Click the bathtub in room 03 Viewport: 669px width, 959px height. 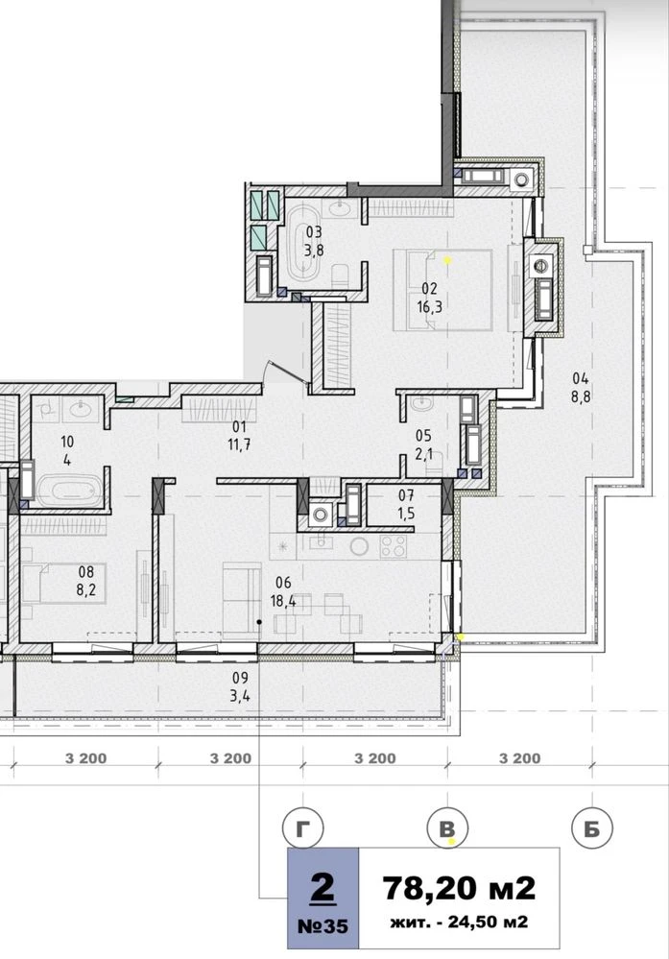[303, 244]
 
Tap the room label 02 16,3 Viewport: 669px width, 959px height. [429, 298]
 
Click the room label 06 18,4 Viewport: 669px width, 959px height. [283, 592]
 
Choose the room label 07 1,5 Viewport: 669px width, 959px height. [406, 505]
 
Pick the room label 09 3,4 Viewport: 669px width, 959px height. [241, 686]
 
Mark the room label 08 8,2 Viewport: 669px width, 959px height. [86, 581]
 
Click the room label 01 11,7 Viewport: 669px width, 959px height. [239, 436]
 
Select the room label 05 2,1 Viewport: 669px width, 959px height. [423, 444]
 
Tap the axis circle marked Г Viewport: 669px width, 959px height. [302, 828]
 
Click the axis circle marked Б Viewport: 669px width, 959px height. [591, 828]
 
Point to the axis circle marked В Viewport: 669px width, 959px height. [447, 828]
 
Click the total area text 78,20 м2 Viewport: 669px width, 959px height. [459, 888]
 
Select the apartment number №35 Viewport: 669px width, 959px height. [323, 926]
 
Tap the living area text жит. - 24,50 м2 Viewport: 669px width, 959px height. [459, 922]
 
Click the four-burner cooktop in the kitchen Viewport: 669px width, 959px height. [394, 546]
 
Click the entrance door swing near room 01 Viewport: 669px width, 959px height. [286, 372]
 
